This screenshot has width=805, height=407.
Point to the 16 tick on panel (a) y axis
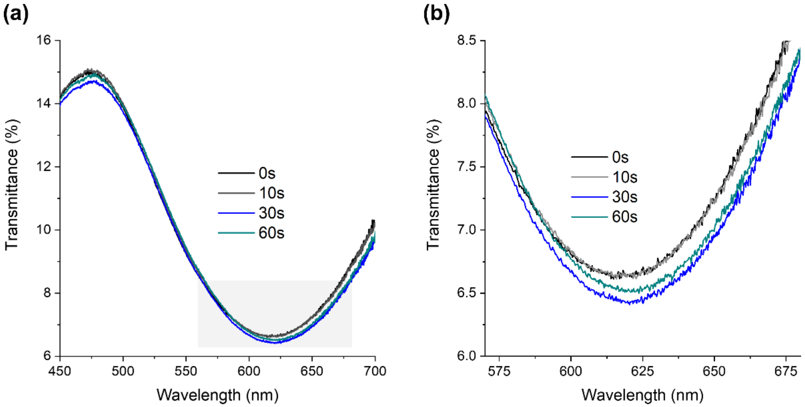[x=44, y=40]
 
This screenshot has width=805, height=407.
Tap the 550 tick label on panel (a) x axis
[x=186, y=371]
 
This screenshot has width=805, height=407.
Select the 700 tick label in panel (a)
[x=375, y=371]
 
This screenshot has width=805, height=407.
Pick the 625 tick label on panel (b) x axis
[x=643, y=371]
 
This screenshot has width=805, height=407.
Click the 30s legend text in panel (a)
[x=271, y=213]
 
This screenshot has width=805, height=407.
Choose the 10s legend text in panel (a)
[x=271, y=193]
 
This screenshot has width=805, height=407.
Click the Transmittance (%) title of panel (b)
[x=433, y=185]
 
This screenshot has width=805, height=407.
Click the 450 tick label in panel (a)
[x=60, y=371]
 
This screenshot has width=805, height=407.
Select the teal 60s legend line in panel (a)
[x=236, y=233]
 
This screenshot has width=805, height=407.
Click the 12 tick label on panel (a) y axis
[x=44, y=167]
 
